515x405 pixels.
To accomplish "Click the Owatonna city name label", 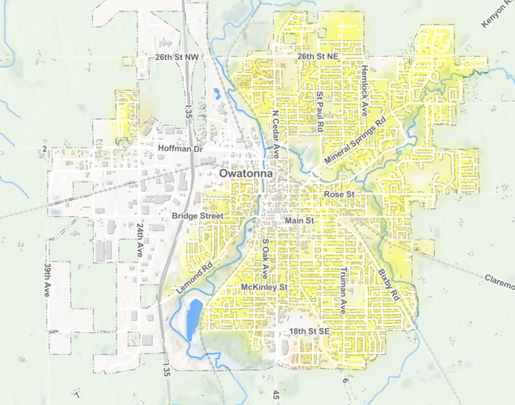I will (x=246, y=174).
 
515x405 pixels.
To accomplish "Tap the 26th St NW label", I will (x=177, y=58).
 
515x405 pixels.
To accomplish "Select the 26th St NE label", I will (x=316, y=58).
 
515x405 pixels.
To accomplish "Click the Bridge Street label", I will (x=196, y=216).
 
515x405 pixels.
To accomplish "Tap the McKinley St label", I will (x=264, y=288).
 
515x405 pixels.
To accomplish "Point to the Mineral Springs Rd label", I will (x=357, y=139).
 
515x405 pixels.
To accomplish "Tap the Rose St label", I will (x=340, y=195).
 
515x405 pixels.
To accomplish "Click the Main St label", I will (x=298, y=220).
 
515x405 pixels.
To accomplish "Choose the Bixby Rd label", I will (x=388, y=285).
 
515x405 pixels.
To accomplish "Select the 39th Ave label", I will (x=48, y=279).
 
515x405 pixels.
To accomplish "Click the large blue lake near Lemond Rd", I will (x=191, y=319).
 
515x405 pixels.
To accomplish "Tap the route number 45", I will (x=276, y=394).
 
